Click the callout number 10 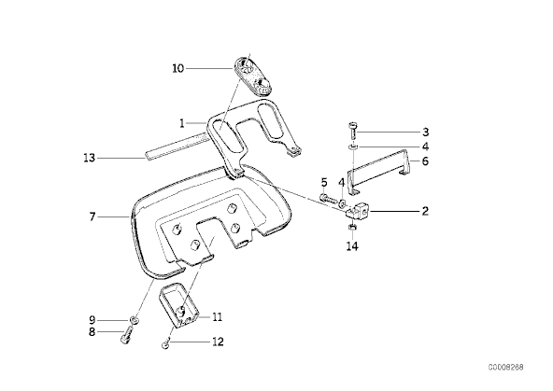(178, 68)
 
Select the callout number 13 (90, 158)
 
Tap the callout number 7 (92, 217)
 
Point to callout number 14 (352, 246)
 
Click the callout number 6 (425, 161)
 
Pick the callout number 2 (425, 211)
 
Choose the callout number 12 (218, 342)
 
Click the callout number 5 (324, 183)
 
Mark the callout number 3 (425, 133)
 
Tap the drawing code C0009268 (505, 368)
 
